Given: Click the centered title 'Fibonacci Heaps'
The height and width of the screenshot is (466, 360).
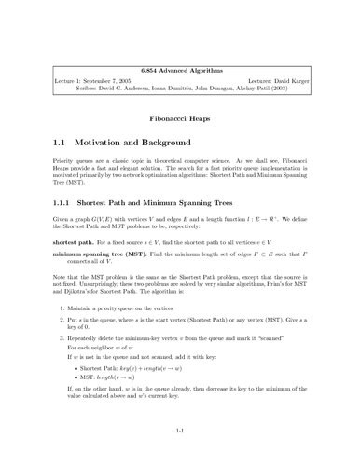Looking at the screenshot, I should click(179, 94).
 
